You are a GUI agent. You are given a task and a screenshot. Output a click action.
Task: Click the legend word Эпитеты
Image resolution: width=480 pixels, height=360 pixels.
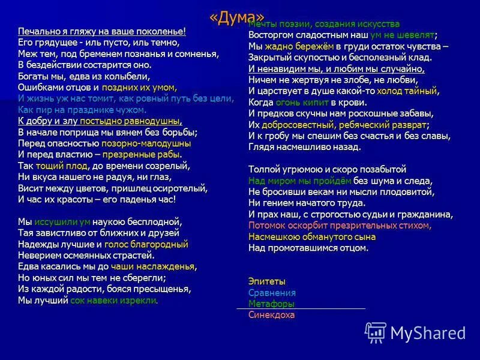coord(266,281)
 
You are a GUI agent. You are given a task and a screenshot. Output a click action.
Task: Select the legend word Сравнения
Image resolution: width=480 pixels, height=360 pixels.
coord(272,293)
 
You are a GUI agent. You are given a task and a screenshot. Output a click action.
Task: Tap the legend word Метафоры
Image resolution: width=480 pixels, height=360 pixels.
coord(271,304)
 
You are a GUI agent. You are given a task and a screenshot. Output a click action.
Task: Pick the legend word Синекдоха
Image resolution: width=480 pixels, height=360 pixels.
coord(271,314)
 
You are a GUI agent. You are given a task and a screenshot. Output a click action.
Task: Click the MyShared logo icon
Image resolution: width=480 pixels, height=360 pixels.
coord(376,332)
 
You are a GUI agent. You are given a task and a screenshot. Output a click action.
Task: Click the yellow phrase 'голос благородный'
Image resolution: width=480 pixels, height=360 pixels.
coord(146,244)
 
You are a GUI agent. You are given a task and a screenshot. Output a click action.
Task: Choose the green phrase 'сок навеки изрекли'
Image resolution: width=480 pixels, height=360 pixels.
coord(113,300)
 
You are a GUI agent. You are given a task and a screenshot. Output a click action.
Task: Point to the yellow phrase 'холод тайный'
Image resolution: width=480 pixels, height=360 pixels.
coord(407,91)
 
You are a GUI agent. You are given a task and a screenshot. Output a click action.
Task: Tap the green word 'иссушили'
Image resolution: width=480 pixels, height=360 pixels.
coord(59,221)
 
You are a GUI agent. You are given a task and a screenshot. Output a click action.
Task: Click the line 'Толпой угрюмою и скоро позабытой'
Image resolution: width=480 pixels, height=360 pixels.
coord(327,169)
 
